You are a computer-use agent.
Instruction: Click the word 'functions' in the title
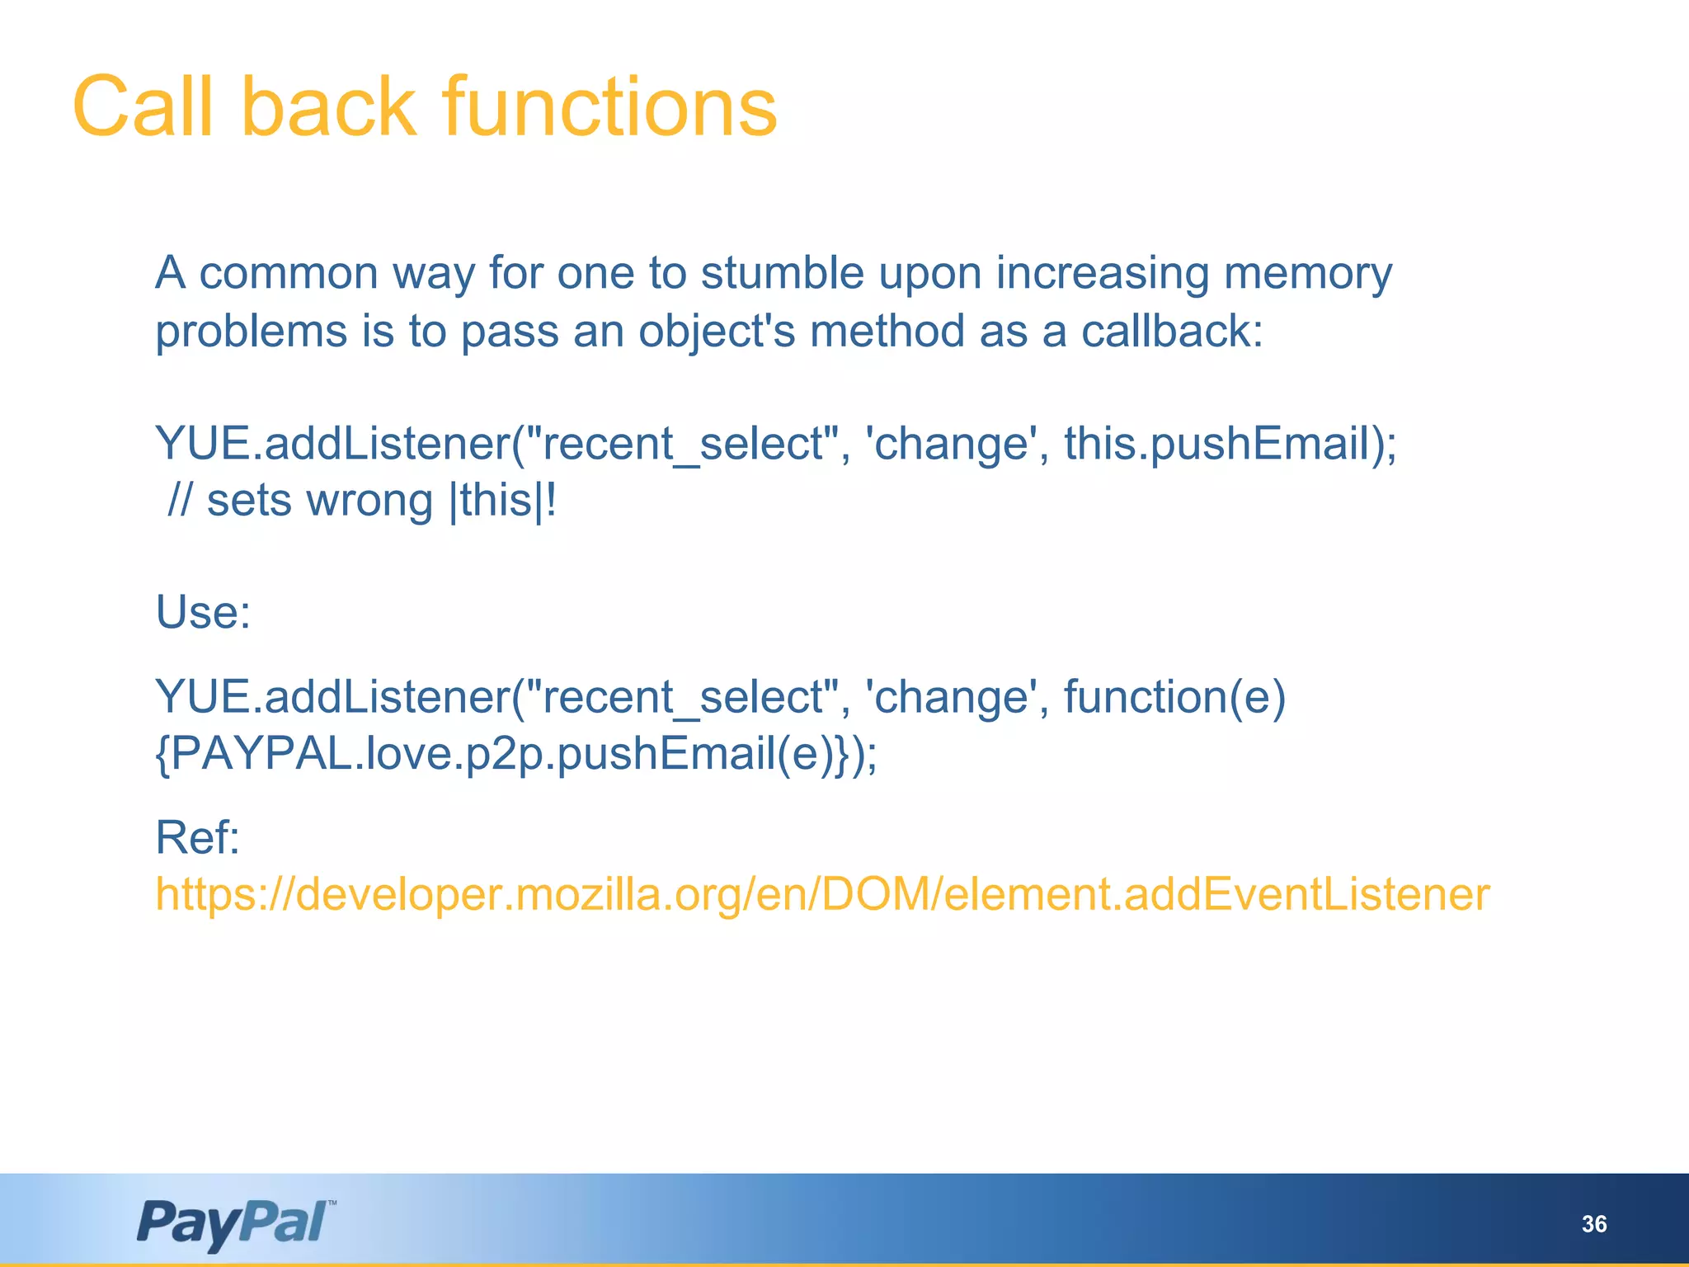coord(609,107)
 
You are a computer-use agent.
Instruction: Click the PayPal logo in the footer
coord(236,1224)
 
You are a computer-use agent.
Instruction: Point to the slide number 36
coord(1593,1224)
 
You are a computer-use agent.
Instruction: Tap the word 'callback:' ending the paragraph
coord(1172,332)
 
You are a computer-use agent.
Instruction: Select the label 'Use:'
coord(203,613)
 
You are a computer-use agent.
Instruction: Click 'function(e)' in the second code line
coord(1174,698)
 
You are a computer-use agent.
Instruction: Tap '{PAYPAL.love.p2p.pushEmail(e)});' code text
coord(516,755)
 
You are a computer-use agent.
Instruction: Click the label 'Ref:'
coord(197,838)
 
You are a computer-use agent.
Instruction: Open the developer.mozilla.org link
coord(822,895)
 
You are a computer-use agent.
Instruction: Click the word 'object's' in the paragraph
coord(717,332)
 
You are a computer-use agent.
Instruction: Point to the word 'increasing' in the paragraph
coord(1102,275)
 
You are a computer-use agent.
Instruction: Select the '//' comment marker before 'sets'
coord(180,501)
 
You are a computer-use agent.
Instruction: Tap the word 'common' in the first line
coord(289,273)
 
